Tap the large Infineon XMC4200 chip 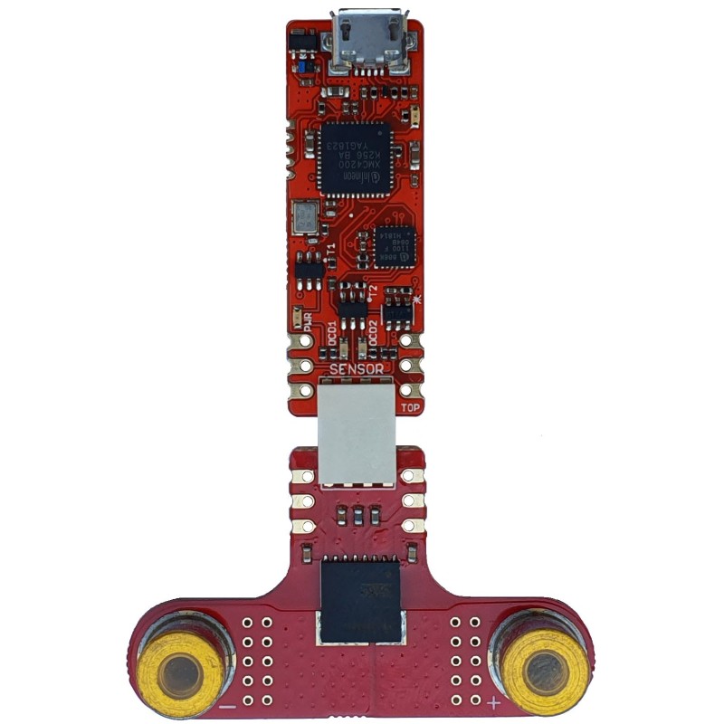click(x=355, y=158)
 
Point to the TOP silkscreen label click(x=410, y=407)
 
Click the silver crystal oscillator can click(x=303, y=216)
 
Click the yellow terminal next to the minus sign click(x=183, y=672)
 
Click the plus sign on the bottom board click(x=493, y=702)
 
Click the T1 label click(x=330, y=248)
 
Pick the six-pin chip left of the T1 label click(x=310, y=269)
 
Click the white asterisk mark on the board click(x=417, y=300)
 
